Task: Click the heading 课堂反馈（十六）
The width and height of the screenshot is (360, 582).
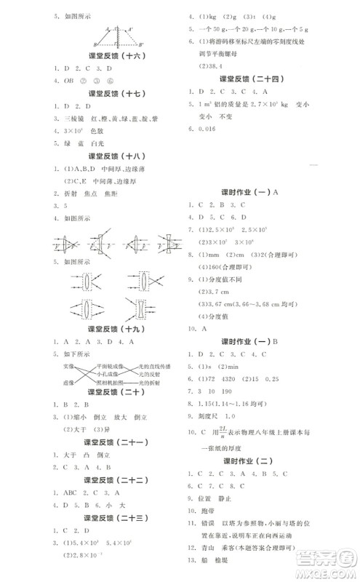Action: [110, 55]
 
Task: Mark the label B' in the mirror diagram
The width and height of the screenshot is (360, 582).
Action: [141, 43]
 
